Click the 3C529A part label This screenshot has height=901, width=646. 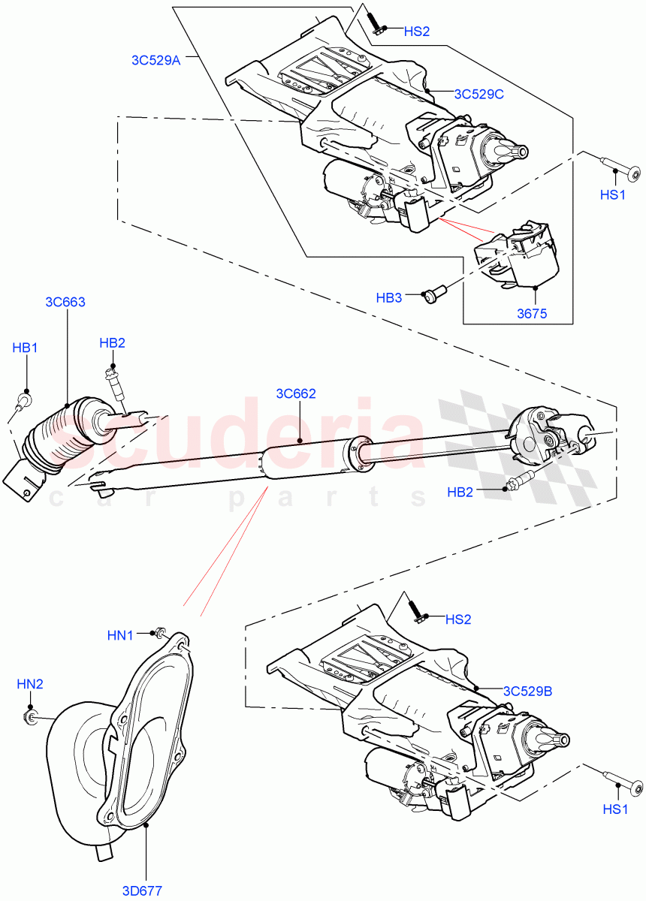pyautogui.click(x=153, y=61)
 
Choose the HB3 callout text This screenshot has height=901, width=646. pyautogui.click(x=389, y=297)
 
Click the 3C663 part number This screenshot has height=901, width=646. pyautogui.click(x=65, y=303)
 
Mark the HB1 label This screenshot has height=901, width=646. pyautogui.click(x=25, y=348)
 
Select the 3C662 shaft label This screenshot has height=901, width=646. pyautogui.click(x=296, y=393)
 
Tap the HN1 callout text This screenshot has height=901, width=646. pyautogui.click(x=120, y=635)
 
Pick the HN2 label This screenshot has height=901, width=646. pyautogui.click(x=30, y=684)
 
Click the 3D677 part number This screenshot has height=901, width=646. pyautogui.click(x=143, y=890)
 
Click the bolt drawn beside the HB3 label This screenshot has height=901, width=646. pyautogui.click(x=433, y=294)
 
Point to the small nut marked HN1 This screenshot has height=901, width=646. pyautogui.click(x=159, y=633)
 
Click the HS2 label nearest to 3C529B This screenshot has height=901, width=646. pyautogui.click(x=457, y=619)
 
